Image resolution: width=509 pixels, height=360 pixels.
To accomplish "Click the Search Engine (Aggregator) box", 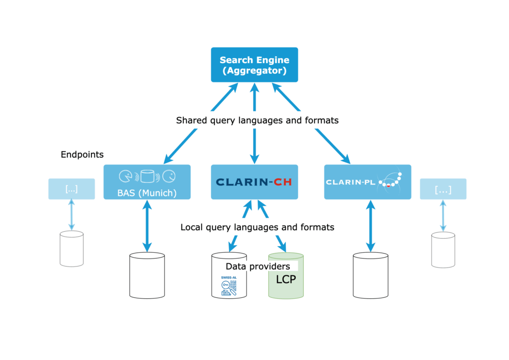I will tap(254, 65).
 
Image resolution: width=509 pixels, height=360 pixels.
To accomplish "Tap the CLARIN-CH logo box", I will tap(254, 182).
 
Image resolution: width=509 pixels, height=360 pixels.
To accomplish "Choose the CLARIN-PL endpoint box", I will tap(367, 182).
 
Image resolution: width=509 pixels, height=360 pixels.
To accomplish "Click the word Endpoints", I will tap(82, 155).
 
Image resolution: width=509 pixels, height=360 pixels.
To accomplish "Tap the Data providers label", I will tap(257, 267).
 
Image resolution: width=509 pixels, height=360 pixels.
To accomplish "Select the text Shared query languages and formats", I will tap(257, 121).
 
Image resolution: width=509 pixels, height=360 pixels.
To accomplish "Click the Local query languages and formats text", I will tap(257, 227).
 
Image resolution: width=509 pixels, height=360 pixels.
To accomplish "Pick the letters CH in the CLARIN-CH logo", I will tap(282, 182).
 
